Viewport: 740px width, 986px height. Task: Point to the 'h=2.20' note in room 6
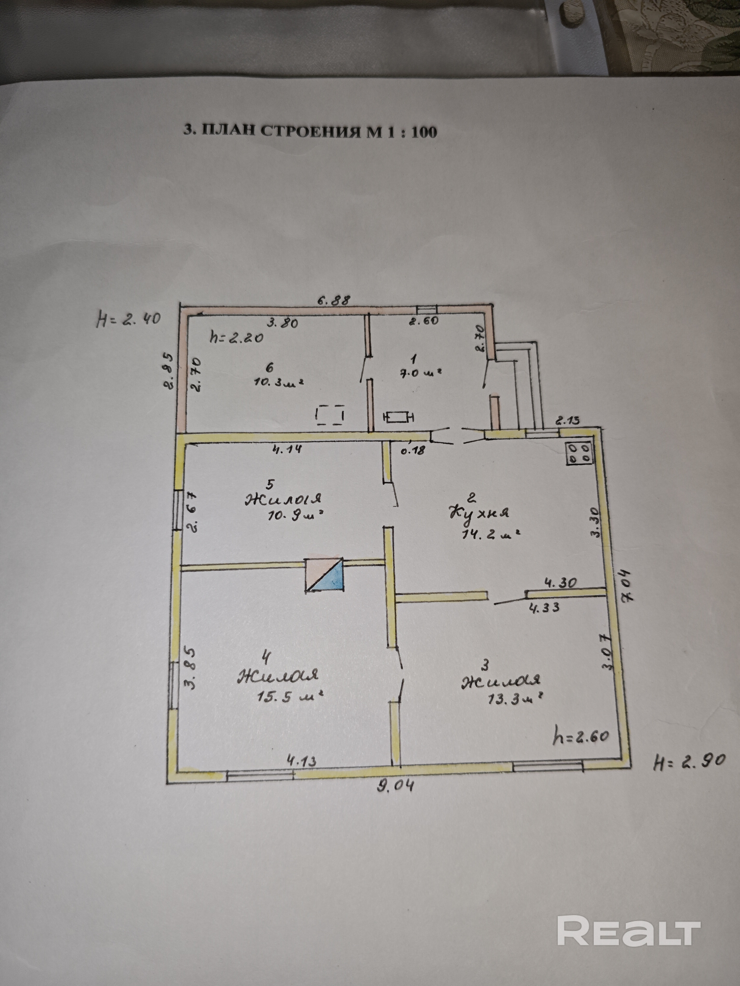pyautogui.click(x=236, y=337)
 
